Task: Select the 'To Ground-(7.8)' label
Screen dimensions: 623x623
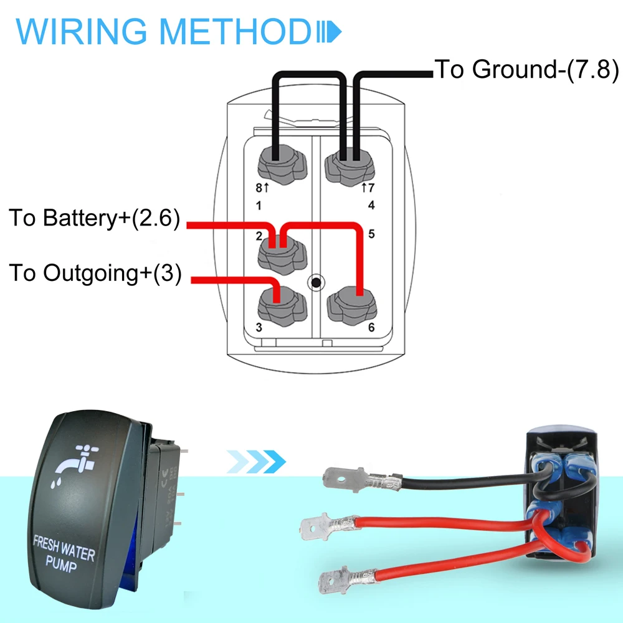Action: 526,69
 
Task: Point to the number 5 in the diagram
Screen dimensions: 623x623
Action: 371,234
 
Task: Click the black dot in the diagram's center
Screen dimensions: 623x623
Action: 316,283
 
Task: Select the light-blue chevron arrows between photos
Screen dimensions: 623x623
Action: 255,462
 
